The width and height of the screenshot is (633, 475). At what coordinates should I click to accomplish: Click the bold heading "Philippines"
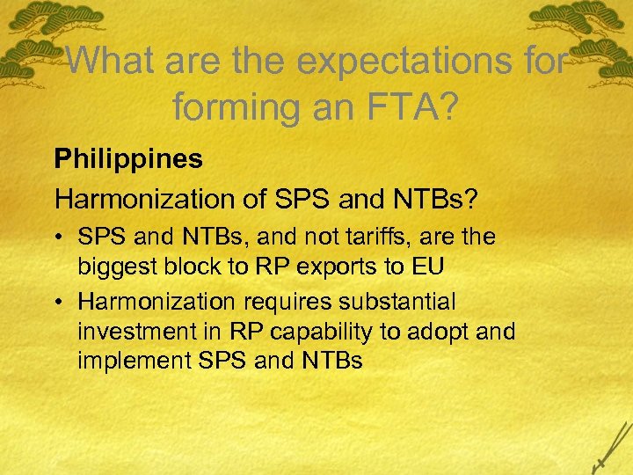click(128, 159)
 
